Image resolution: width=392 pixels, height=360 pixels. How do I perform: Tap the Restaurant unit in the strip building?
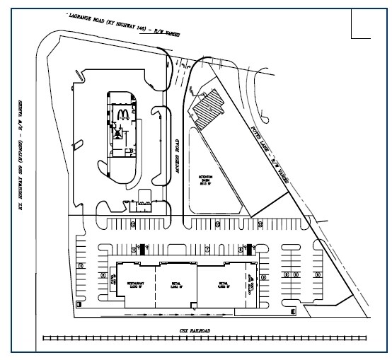click(137, 287)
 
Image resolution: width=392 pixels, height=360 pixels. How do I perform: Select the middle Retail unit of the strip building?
click(177, 287)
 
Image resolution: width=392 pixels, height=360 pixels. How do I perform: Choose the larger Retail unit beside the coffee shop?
click(220, 287)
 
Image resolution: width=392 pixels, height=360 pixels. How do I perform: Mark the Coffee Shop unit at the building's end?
click(250, 287)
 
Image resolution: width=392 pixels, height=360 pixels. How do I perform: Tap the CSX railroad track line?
click(205, 339)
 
